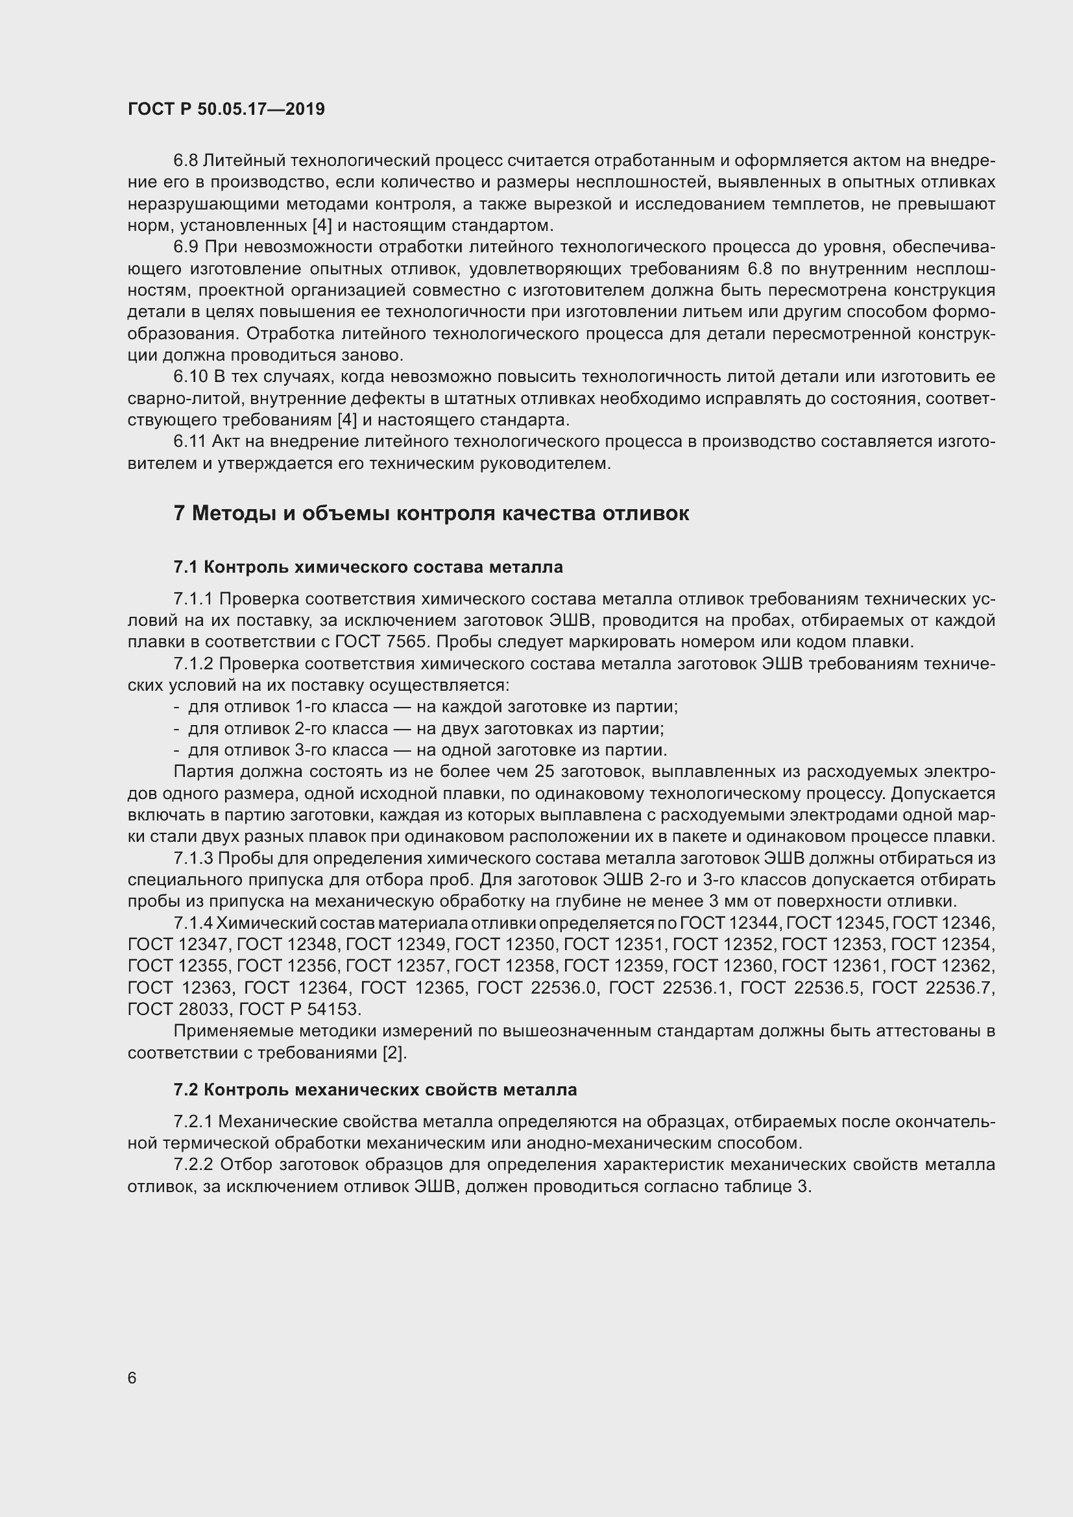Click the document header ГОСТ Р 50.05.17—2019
pyautogui.click(x=226, y=110)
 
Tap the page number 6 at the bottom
pyautogui.click(x=132, y=1378)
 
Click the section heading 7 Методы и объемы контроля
pyautogui.click(x=431, y=514)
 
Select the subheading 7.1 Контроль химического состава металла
pyautogui.click(x=368, y=567)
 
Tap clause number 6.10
pyautogui.click(x=190, y=377)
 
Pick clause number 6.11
pyautogui.click(x=189, y=442)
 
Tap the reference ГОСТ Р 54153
pyautogui.click(x=298, y=1009)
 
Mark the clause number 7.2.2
pyautogui.click(x=194, y=1165)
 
